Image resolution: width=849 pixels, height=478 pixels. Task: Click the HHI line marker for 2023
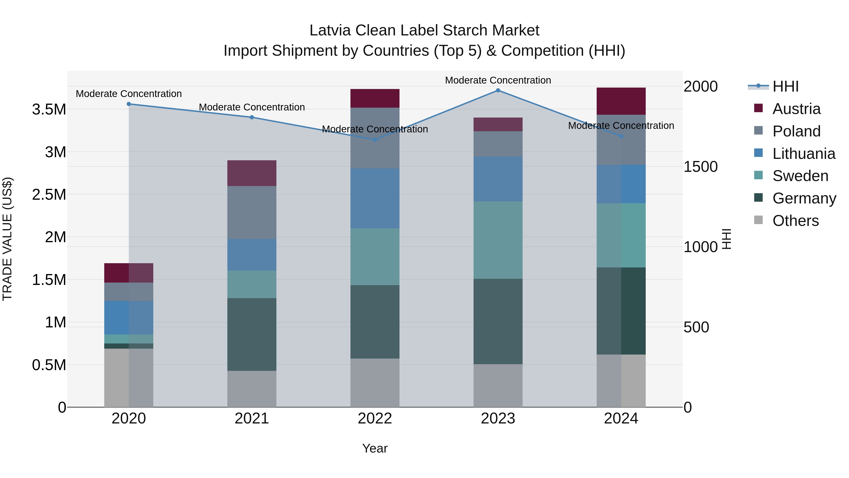pos(498,90)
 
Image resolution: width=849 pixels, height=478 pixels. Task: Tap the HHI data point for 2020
pos(129,104)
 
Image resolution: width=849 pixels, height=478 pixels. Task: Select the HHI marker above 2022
pos(375,140)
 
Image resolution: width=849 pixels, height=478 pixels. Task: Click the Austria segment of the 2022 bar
pos(375,98)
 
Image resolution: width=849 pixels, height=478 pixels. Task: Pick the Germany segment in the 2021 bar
pos(252,334)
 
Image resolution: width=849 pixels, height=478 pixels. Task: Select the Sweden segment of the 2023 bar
pos(498,240)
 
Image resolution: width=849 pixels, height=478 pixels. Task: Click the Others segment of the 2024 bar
pos(621,381)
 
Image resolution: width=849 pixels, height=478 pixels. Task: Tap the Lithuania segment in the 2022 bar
pos(375,198)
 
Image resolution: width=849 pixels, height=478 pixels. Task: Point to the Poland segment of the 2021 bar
pos(252,212)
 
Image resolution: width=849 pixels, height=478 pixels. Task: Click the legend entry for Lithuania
pos(803,154)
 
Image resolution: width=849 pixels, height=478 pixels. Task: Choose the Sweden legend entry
pos(800,176)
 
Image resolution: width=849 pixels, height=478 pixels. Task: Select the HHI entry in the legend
pos(785,86)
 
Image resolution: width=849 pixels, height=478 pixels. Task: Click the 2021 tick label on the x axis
pos(252,419)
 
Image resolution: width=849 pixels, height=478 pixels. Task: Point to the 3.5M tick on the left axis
pos(49,110)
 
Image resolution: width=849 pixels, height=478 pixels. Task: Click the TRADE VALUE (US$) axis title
pos(7,239)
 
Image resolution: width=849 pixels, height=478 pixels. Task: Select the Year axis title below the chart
pos(375,448)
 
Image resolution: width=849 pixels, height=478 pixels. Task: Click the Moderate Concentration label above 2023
pos(498,80)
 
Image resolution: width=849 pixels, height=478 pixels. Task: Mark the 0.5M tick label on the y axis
pos(49,365)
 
